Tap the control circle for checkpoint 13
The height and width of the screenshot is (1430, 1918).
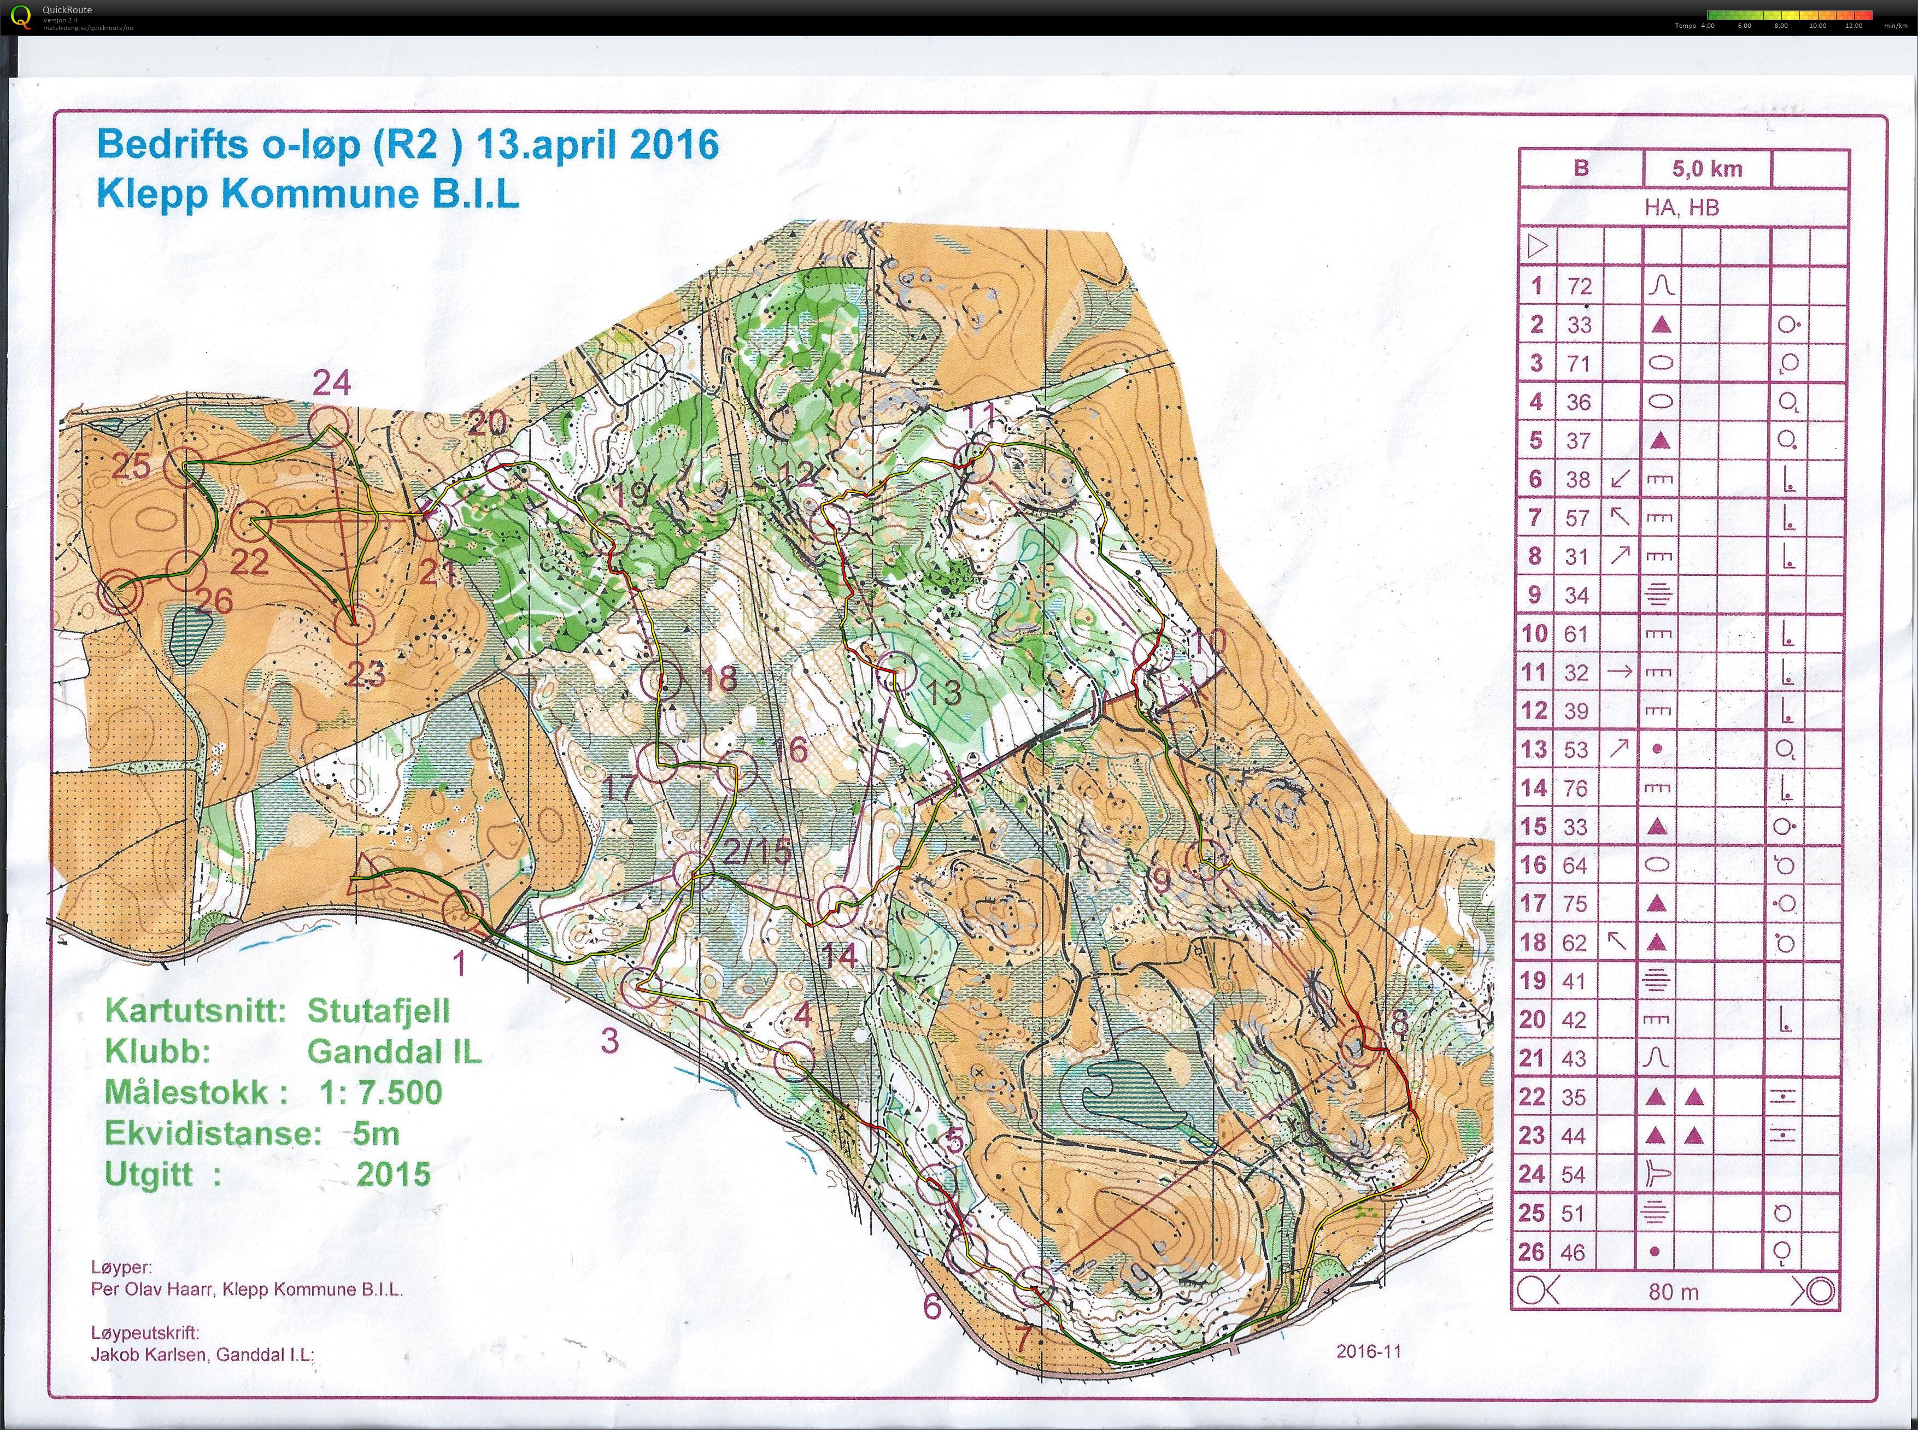point(898,671)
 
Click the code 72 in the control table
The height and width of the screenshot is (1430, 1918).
point(1580,286)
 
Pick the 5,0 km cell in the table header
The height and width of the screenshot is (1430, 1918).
point(1706,169)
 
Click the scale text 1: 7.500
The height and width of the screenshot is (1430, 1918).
point(380,1092)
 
